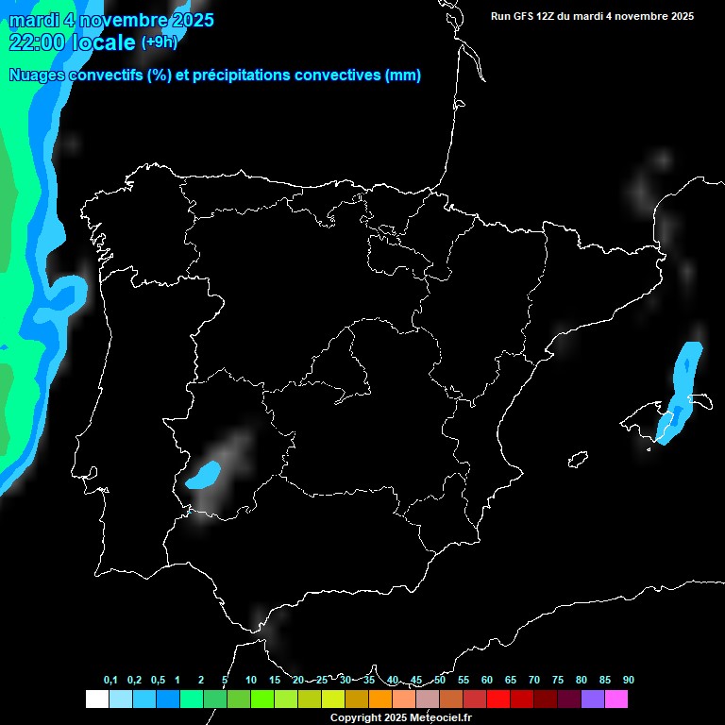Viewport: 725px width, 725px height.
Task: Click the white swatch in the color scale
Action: [x=96, y=699]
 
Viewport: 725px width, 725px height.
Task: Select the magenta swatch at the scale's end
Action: [x=616, y=699]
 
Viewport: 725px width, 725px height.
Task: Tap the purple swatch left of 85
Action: [x=593, y=699]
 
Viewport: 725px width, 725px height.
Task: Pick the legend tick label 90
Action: [x=629, y=680]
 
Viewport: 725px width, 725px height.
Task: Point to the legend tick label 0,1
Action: [x=110, y=680]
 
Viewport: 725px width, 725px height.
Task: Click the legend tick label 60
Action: [x=487, y=680]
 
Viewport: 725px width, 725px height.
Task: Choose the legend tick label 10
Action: [x=251, y=680]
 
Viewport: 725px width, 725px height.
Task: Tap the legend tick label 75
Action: [x=558, y=680]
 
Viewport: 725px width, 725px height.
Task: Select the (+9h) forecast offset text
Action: [x=159, y=42]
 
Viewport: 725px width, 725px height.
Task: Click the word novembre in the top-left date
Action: [x=114, y=20]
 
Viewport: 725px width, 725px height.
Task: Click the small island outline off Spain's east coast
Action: [x=578, y=460]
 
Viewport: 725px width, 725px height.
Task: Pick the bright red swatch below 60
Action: [x=498, y=699]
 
